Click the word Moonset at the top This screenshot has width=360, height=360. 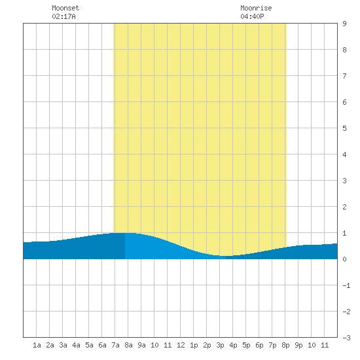pos(65,8)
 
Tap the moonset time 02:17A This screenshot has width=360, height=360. pos(63,16)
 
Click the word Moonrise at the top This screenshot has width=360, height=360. pos(256,8)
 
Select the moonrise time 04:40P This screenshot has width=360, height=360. pos(252,16)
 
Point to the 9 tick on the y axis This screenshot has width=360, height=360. pos(344,24)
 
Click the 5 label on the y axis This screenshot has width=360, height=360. pos(344,128)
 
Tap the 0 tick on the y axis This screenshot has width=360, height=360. pos(344,259)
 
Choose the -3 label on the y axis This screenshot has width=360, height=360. pos(346,338)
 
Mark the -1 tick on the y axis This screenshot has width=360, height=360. pos(346,285)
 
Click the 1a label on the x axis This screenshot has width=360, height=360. pos(37,345)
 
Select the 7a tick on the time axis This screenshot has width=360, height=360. pos(115,345)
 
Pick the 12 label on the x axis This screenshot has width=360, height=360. pos(181,345)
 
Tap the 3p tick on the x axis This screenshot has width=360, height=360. pos(220,345)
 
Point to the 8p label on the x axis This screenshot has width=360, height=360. pos(285,345)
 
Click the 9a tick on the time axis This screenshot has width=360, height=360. pos(141,345)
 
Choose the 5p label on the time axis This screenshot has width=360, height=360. pos(246,345)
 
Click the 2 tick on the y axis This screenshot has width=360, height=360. pos(344,207)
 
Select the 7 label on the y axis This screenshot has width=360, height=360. pos(344,76)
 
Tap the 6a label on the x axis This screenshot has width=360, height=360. pos(102,345)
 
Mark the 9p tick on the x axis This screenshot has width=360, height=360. pos(298,345)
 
